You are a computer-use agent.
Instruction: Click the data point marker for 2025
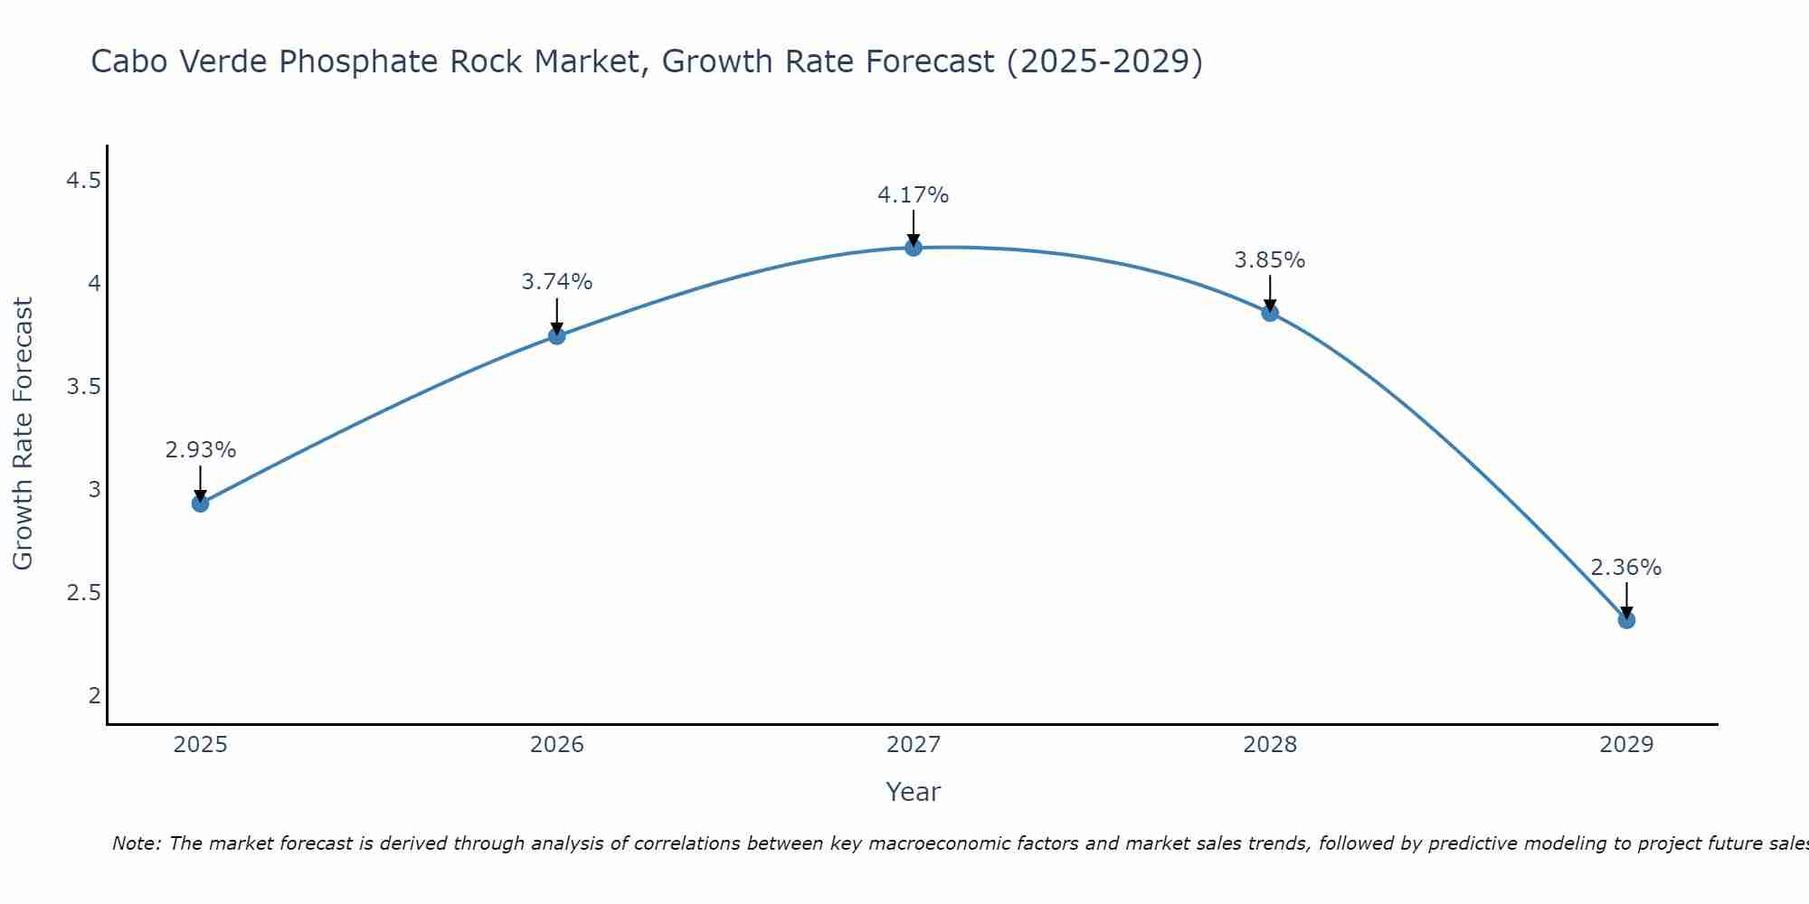(201, 504)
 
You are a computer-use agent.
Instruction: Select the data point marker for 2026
(557, 336)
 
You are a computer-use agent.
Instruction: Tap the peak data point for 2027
(914, 248)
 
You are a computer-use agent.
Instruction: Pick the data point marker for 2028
(1270, 314)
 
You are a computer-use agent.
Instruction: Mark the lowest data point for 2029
(1626, 620)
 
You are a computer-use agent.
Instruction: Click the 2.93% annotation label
(201, 450)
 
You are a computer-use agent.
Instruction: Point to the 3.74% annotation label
(557, 282)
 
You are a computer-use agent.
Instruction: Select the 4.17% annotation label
(914, 195)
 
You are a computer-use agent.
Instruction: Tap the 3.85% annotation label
(1270, 260)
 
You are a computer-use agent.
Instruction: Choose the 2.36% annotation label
(1626, 568)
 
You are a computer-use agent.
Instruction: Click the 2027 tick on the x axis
(914, 745)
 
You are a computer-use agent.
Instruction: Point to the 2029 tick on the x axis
(1626, 745)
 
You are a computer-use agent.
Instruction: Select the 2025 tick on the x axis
(201, 745)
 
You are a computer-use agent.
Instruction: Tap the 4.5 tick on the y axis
(83, 182)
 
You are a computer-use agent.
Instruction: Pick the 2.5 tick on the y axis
(83, 593)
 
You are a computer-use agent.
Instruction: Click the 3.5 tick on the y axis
(83, 388)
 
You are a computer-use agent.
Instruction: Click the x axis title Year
(914, 792)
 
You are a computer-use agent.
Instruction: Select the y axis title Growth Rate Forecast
(24, 434)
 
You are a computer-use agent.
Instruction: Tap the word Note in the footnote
(136, 843)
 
